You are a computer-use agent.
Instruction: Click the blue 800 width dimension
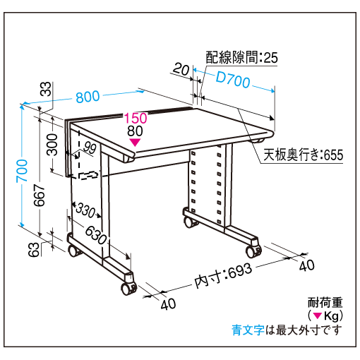(x=88, y=97)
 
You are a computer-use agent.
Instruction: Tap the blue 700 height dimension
(x=22, y=171)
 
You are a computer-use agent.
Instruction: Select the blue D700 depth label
(x=233, y=80)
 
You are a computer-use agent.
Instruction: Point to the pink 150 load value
(x=136, y=118)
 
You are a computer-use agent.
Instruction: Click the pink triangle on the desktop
(x=135, y=143)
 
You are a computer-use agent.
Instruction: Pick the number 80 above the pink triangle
(x=135, y=131)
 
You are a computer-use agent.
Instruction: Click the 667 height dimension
(x=40, y=196)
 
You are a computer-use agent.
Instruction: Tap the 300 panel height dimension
(x=52, y=145)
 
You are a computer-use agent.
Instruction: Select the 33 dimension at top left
(x=46, y=89)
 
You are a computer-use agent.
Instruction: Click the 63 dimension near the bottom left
(x=34, y=249)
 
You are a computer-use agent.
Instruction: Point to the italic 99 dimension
(x=90, y=148)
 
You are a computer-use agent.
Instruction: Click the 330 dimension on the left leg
(x=85, y=210)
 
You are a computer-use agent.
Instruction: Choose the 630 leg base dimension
(x=96, y=235)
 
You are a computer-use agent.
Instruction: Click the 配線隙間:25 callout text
(x=242, y=57)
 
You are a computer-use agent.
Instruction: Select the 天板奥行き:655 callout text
(x=304, y=155)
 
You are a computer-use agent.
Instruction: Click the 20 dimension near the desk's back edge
(x=181, y=69)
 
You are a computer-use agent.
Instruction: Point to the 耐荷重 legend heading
(x=325, y=303)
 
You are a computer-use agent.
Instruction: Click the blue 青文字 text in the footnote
(x=248, y=330)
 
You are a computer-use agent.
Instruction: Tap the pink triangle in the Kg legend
(x=318, y=316)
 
